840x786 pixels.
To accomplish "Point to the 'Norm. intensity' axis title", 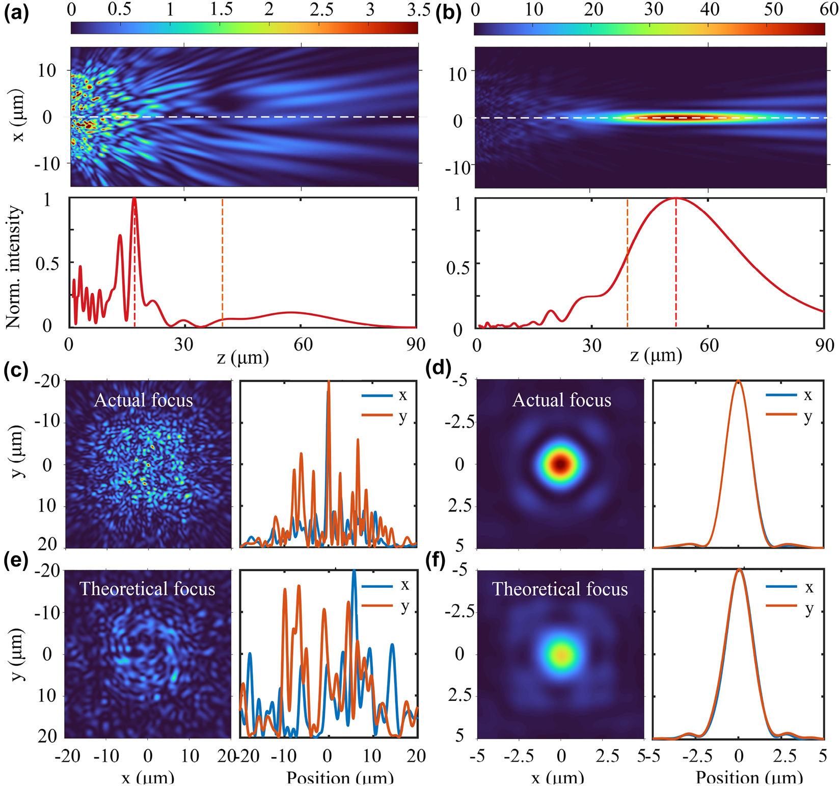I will (x=14, y=266).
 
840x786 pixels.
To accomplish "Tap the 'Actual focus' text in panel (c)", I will (x=143, y=400).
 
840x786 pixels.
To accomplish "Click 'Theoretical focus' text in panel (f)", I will (x=560, y=589).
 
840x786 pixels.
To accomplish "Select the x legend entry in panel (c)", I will (x=402, y=395).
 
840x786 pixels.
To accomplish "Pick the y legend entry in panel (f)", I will (x=809, y=608).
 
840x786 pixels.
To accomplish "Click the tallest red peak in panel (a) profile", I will (x=134, y=200).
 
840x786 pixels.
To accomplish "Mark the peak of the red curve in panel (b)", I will (x=676, y=198).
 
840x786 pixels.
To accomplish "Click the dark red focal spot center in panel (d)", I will (x=561, y=464).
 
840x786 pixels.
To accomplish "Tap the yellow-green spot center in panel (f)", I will (x=561, y=654).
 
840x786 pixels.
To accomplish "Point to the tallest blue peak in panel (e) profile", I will (x=354, y=571).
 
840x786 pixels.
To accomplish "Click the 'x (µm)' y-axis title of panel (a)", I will (x=18, y=117).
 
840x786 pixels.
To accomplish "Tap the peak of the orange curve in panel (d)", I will (x=738, y=381).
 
